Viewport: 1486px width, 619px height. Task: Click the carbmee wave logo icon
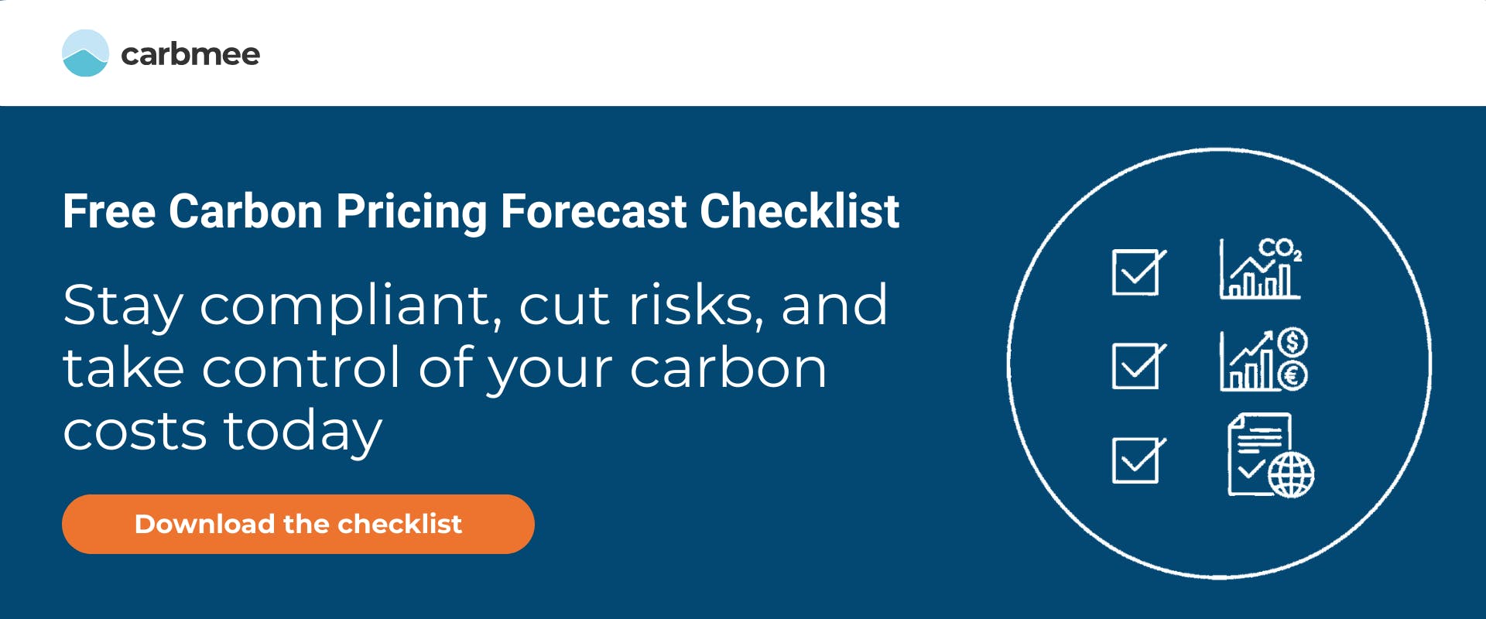pos(85,53)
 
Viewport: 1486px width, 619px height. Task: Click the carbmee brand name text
pos(190,54)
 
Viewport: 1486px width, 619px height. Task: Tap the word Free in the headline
pos(108,211)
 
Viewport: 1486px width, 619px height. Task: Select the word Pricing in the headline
pos(411,211)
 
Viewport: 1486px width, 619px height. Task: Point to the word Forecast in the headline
pos(594,211)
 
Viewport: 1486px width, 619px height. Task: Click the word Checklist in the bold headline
pos(799,211)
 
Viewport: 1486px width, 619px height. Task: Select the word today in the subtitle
pos(303,431)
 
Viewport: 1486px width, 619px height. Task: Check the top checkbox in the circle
pos(1136,272)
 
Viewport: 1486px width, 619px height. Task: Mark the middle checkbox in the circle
pos(1136,366)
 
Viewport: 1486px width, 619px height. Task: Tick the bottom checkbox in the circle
pos(1136,460)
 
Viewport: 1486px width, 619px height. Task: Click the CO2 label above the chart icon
pos(1279,249)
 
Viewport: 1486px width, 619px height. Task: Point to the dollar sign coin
pos(1293,341)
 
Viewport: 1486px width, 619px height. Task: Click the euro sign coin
pos(1293,376)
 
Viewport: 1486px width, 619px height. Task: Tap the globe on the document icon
pos(1291,474)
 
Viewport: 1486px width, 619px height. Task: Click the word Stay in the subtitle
pos(122,306)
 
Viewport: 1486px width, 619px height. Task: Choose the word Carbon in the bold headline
pos(245,211)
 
